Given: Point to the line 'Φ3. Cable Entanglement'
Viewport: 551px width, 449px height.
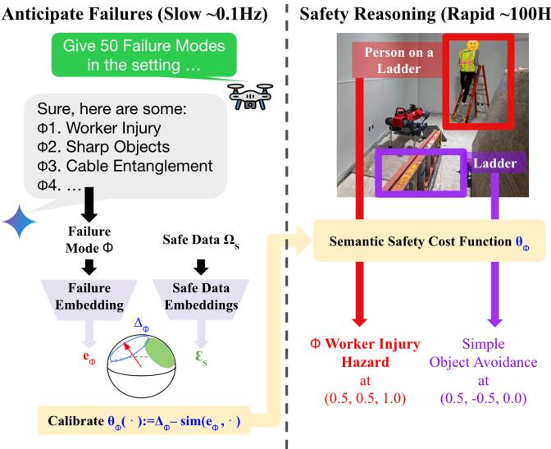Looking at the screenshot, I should click(124, 167).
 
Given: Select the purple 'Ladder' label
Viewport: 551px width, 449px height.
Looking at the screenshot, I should click(494, 163).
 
